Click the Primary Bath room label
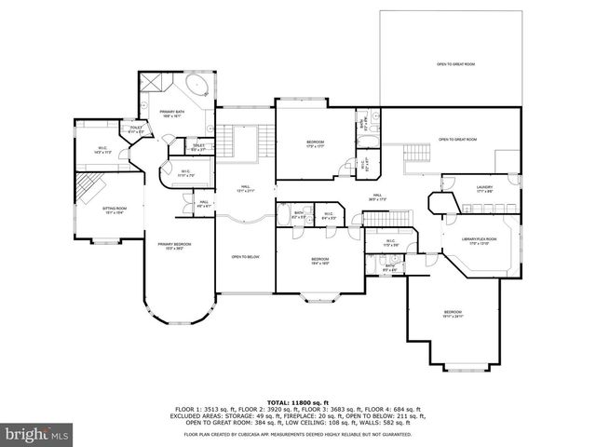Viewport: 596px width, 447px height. tap(170, 114)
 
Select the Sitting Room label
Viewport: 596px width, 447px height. tap(114, 211)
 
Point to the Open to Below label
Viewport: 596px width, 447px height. tap(245, 256)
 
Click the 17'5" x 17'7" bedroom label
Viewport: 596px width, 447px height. tap(315, 144)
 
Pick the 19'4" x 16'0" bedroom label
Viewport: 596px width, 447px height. tap(319, 261)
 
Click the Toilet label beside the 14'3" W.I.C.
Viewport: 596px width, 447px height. tap(135, 130)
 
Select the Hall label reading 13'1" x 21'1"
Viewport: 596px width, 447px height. tap(245, 187)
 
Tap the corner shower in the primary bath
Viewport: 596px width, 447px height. tap(154, 84)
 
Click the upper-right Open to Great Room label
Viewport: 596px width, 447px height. tap(455, 64)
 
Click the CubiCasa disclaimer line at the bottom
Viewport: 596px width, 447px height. tap(297, 434)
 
